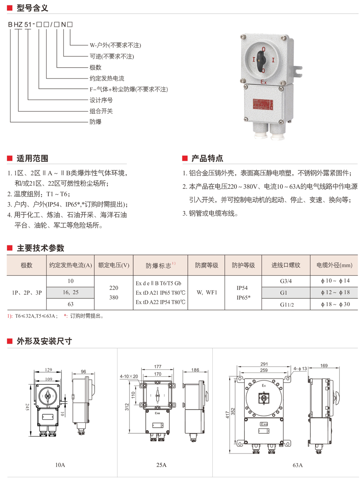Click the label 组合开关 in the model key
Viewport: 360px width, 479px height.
(101, 111)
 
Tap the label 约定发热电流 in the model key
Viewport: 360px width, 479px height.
(106, 78)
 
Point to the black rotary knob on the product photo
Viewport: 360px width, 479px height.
(263, 60)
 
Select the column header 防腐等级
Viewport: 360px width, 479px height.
(207, 266)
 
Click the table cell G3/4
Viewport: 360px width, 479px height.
(285, 281)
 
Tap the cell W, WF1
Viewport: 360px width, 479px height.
(207, 292)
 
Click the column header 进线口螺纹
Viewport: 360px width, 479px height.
(286, 266)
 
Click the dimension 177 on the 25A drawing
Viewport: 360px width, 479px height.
(158, 366)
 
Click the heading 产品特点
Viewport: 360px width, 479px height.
(207, 158)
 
